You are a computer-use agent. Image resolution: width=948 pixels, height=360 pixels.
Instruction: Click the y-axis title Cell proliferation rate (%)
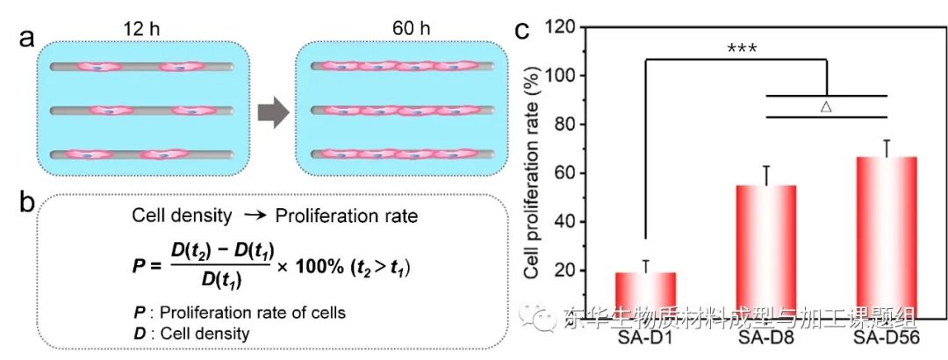click(531, 176)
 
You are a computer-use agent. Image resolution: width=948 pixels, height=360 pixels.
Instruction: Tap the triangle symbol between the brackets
click(825, 106)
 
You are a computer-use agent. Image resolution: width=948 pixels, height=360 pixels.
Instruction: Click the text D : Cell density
click(191, 333)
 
